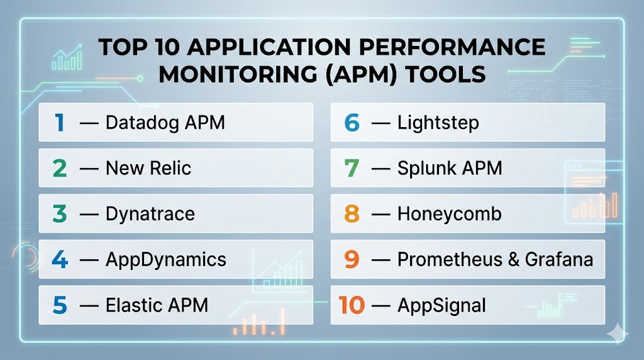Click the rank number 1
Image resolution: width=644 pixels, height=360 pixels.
pos(60,123)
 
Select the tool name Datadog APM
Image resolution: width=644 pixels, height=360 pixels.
pos(165,123)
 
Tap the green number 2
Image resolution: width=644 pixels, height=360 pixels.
pos(60,168)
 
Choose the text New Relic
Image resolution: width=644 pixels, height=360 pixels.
pos(148,168)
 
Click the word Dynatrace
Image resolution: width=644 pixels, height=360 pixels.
pos(150,214)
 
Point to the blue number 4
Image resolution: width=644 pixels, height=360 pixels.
pos(60,259)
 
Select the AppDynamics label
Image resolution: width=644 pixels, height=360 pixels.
pos(166,260)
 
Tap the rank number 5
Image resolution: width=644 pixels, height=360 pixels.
pos(60,305)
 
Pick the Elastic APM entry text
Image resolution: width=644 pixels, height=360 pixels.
pos(157,305)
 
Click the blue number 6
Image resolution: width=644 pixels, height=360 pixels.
pos(352,123)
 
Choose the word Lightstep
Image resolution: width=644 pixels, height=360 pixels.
pos(438,123)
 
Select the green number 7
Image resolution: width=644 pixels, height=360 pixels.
pos(352,168)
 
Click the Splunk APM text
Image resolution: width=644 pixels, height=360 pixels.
pos(450,169)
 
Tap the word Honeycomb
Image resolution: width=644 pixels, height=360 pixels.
pos(449,214)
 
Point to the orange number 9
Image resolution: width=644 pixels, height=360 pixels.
pos(352,259)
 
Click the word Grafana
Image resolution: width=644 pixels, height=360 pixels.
pos(559,259)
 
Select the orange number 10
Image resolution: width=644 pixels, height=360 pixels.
pos(352,305)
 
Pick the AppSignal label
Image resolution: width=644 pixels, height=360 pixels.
pos(441,305)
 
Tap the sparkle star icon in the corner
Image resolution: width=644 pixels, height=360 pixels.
pos(618,334)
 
